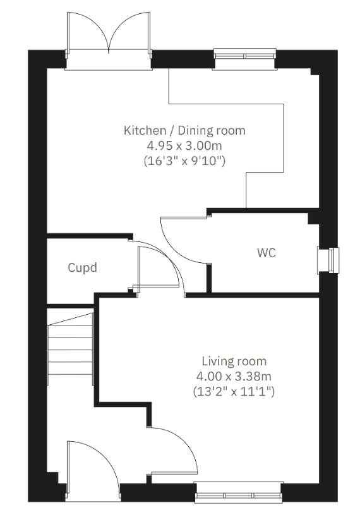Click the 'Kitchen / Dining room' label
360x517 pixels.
tap(184, 131)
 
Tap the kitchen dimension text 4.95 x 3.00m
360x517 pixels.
tap(184, 146)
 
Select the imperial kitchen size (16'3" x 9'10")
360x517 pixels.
tap(184, 161)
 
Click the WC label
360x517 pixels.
tap(267, 253)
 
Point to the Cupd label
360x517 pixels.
tap(83, 267)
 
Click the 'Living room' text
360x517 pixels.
tap(234, 362)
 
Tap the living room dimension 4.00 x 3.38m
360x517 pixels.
tap(234, 377)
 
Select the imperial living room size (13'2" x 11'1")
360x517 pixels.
tap(234, 392)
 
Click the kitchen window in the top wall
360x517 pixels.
tap(244, 56)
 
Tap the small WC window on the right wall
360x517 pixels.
tap(330, 258)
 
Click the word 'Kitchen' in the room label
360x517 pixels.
tap(142, 131)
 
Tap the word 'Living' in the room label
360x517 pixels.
tap(217, 362)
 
